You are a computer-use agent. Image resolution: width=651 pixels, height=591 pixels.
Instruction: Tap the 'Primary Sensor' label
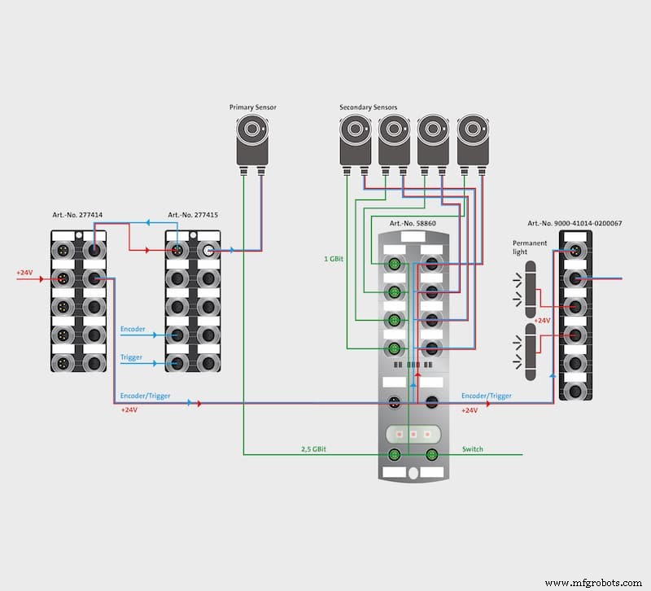click(252, 107)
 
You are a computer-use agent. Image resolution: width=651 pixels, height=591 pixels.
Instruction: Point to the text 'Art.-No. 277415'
click(193, 216)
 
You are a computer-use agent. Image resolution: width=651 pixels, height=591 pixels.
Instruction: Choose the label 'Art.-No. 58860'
click(413, 223)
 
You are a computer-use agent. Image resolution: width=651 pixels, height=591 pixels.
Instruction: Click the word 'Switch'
click(473, 449)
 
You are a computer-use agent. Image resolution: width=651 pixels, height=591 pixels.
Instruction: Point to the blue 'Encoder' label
click(133, 330)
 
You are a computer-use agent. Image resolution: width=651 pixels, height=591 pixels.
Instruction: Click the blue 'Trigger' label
click(132, 357)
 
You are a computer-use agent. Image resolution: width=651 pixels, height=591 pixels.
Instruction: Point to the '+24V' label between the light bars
click(543, 321)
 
